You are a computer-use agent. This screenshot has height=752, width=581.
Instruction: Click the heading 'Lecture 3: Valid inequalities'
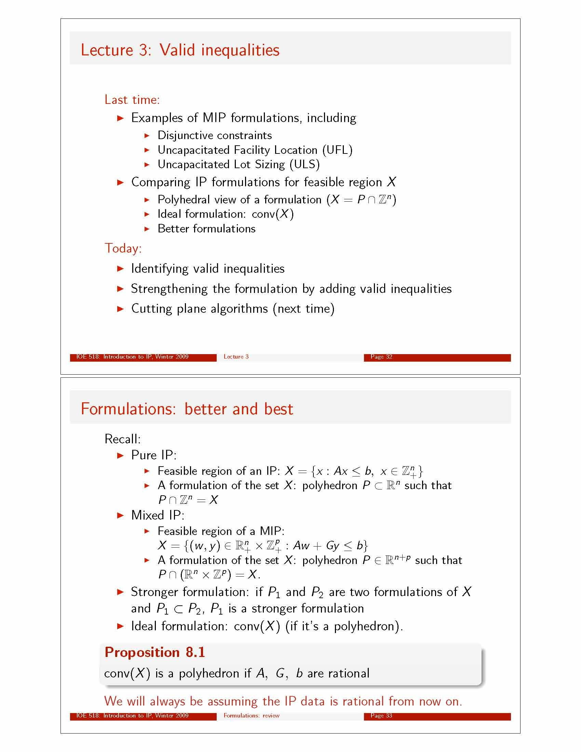pyautogui.click(x=180, y=50)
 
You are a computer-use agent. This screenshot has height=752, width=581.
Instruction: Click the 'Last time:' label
pyautogui.click(x=132, y=100)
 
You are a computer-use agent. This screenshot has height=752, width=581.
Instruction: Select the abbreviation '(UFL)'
pyautogui.click(x=337, y=150)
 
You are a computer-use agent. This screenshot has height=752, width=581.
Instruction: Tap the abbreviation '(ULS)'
pyautogui.click(x=305, y=165)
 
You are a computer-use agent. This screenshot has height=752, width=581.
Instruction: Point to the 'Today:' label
pyautogui.click(x=123, y=248)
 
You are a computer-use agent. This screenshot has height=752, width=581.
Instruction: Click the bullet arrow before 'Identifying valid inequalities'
pyautogui.click(x=120, y=269)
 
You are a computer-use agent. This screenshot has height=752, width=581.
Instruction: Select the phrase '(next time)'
pyautogui.click(x=303, y=309)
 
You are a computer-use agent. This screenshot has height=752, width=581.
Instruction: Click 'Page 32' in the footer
pyautogui.click(x=381, y=357)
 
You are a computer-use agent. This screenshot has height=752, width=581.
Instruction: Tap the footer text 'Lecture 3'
pyautogui.click(x=236, y=357)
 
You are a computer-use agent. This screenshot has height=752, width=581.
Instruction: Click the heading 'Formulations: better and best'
pyautogui.click(x=187, y=409)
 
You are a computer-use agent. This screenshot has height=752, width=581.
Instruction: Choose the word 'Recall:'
pyautogui.click(x=123, y=439)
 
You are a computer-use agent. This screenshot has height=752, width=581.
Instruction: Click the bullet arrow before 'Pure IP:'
pyautogui.click(x=120, y=456)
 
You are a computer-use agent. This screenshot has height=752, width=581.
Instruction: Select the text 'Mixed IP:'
pyautogui.click(x=158, y=515)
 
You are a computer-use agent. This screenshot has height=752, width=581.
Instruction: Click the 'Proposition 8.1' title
pyautogui.click(x=154, y=652)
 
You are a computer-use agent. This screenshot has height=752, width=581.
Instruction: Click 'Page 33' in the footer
pyautogui.click(x=381, y=715)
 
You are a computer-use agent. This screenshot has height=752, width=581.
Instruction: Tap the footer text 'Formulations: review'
pyautogui.click(x=251, y=715)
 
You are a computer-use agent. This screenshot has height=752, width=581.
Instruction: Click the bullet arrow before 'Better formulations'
pyautogui.click(x=147, y=229)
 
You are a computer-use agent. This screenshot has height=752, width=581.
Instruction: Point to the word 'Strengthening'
pyautogui.click(x=169, y=289)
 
